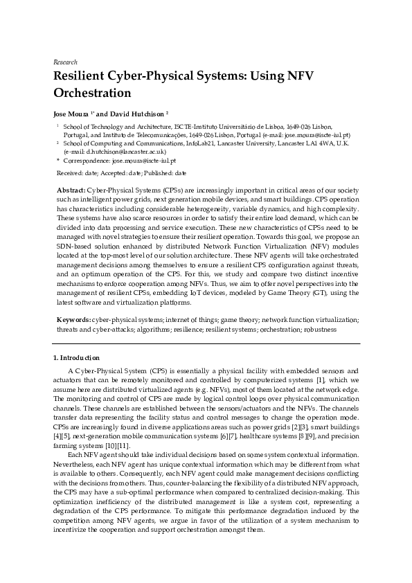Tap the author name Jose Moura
tap(72, 112)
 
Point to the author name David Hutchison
tap(136, 112)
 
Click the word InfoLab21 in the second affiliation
tap(201, 143)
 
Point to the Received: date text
tap(78, 172)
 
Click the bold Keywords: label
tap(73, 321)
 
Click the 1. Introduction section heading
tap(76, 358)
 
